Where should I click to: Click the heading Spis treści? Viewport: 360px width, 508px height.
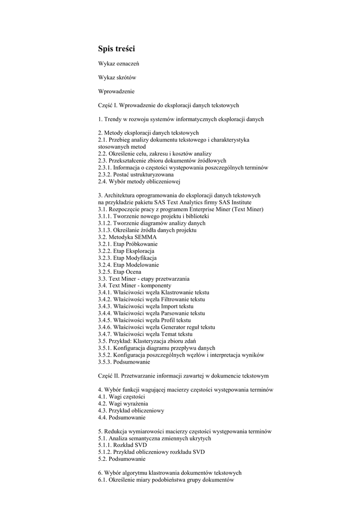pyautogui.click(x=116, y=49)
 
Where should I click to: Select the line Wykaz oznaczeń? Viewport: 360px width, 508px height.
pyautogui.click(x=118, y=63)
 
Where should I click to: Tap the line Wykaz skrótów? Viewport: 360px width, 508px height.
pyautogui.click(x=117, y=77)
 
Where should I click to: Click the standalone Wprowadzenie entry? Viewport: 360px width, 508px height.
pyautogui.click(x=116, y=91)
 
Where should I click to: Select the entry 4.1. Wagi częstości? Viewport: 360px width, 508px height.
pyautogui.click(x=121, y=397)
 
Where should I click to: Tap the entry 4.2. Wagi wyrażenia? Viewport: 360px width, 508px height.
pyautogui.click(x=123, y=404)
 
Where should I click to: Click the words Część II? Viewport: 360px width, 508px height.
pyautogui.click(x=109, y=376)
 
